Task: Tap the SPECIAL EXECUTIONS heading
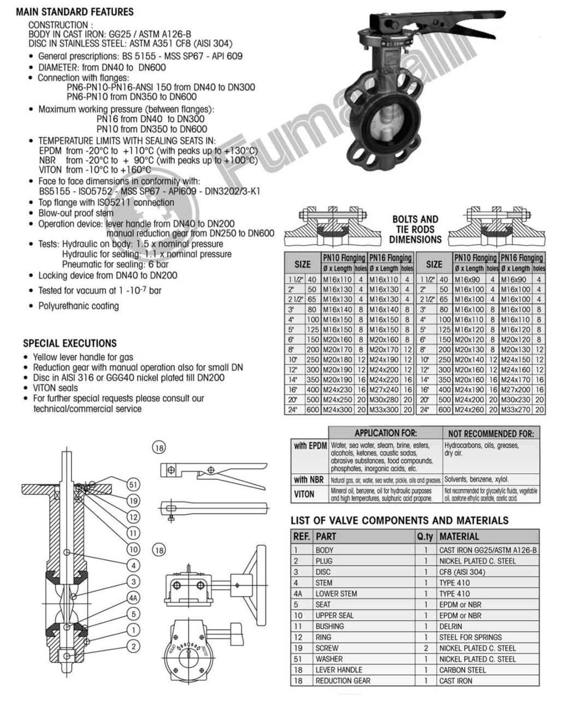70,343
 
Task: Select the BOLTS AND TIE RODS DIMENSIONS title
415,229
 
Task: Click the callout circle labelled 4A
133,597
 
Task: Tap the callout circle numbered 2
133,646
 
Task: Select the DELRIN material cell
451,626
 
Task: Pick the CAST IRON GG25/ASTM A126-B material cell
488,550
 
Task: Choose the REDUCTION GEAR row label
342,681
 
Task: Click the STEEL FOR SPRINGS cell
470,637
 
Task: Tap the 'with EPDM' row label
310,446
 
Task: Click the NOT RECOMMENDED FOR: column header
491,433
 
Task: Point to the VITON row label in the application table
304,494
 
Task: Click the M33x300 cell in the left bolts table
385,409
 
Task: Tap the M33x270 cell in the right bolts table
516,409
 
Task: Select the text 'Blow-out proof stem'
76,213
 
